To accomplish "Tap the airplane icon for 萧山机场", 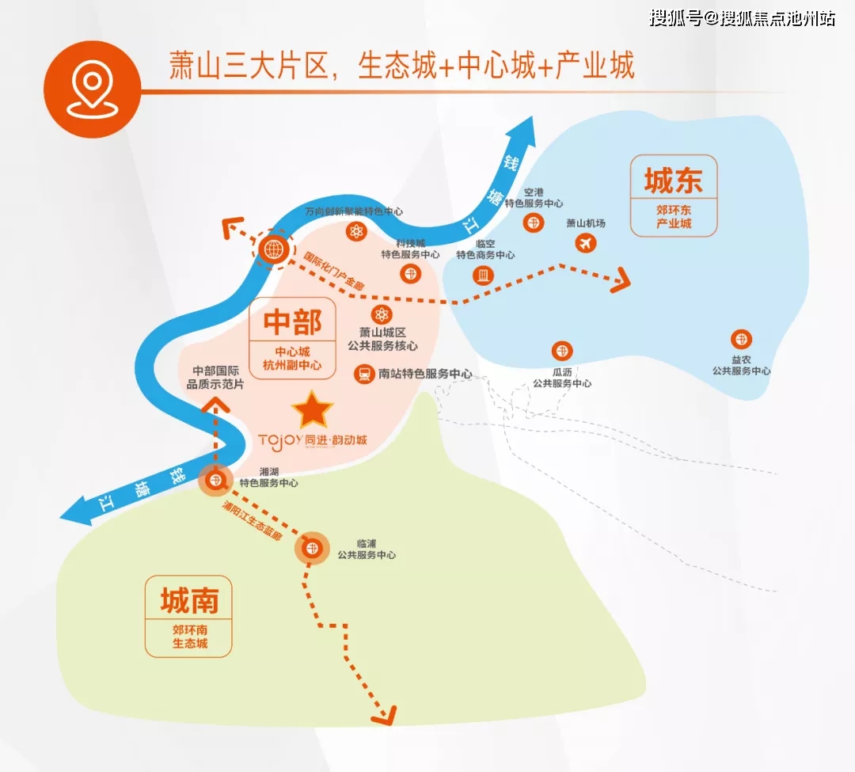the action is tap(586, 242).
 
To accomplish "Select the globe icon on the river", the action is tap(274, 249).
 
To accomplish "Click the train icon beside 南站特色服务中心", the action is tap(363, 374).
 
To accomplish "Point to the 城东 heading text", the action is tap(674, 181).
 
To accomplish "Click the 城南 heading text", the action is tap(188, 600).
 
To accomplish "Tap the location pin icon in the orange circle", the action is tap(92, 89).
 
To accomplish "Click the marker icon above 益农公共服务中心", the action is tap(741, 340).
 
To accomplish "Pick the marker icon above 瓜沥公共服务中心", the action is tap(561, 351).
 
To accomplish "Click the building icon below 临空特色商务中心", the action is tap(483, 276).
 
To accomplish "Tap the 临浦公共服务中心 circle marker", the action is tap(312, 548).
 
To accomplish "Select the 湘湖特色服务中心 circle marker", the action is tap(216, 481).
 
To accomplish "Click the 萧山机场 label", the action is tap(586, 223).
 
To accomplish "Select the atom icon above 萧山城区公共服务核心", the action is tap(382, 314).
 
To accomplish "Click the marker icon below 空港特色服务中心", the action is tap(534, 222).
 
